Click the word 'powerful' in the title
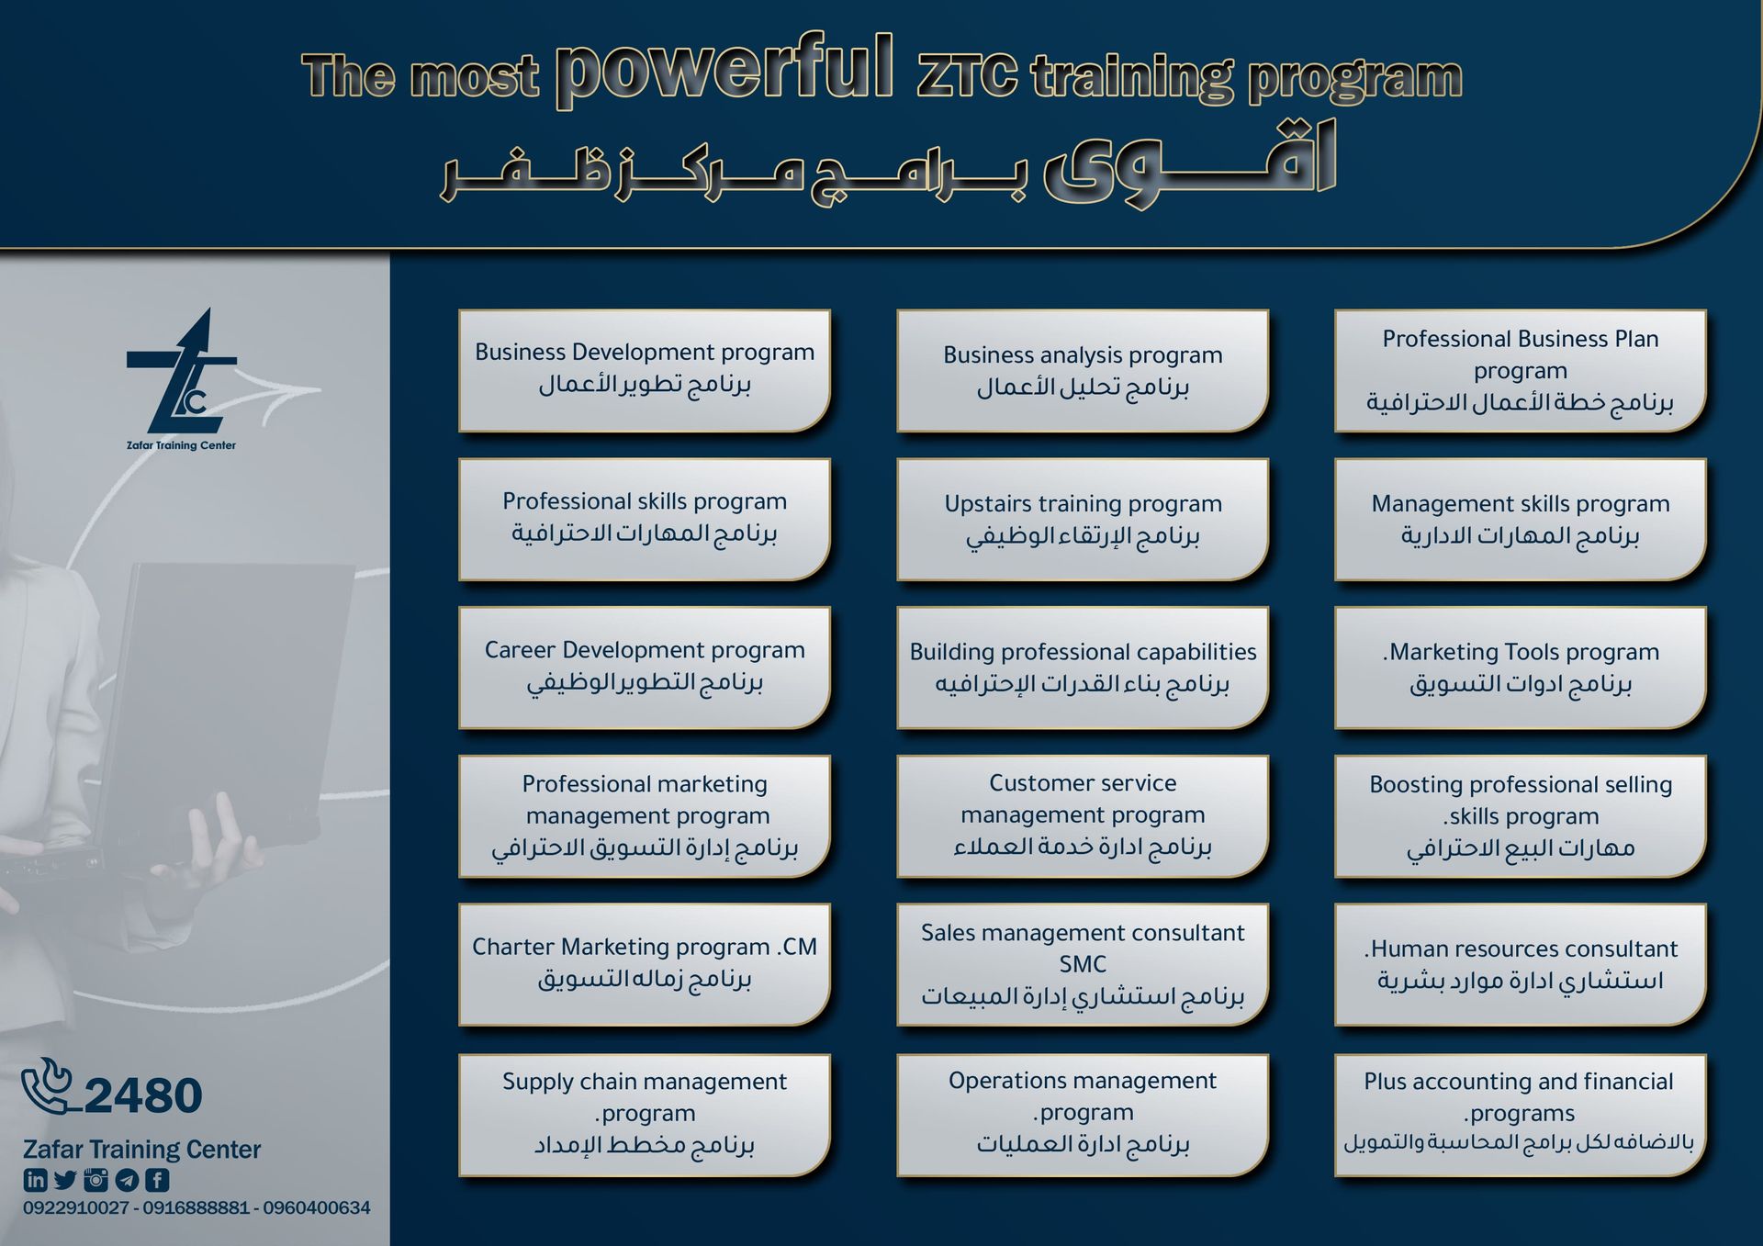[x=724, y=69]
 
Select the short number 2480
[x=143, y=1095]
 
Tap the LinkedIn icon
[x=35, y=1180]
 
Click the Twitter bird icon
[x=65, y=1180]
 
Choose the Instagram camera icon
[x=95, y=1180]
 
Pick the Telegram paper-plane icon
[x=127, y=1180]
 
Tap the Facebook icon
[x=157, y=1180]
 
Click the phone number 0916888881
[x=195, y=1207]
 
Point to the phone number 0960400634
[x=317, y=1207]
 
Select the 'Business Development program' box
[x=645, y=370]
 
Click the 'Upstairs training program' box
[x=1083, y=520]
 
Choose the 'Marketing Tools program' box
[x=1521, y=668]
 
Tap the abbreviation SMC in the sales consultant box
[x=1083, y=964]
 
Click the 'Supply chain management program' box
[x=645, y=1115]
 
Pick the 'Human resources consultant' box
[x=1521, y=964]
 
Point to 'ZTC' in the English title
[x=968, y=75]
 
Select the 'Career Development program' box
[x=645, y=668]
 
